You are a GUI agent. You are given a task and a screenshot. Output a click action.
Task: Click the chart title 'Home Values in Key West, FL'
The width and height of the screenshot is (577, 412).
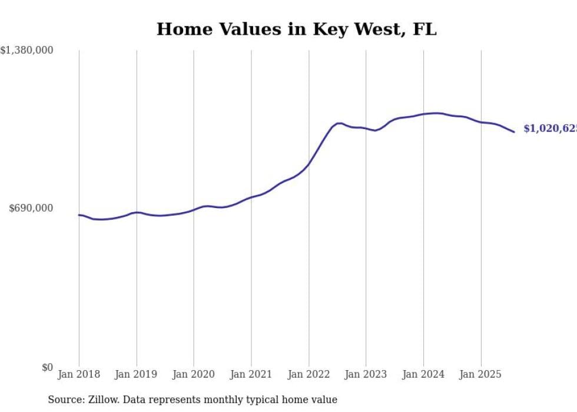tap(296, 29)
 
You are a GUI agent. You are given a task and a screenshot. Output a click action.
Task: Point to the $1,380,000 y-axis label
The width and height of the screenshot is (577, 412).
tap(26, 51)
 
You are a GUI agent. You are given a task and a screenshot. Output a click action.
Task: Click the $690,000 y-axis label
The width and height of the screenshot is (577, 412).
tap(31, 208)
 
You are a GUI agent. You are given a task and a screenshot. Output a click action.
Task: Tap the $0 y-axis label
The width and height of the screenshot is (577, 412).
tap(47, 367)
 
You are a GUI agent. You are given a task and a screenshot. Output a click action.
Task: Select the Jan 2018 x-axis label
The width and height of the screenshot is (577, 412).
tap(79, 374)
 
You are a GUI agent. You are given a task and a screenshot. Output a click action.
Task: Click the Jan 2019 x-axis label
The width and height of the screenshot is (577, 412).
tap(137, 374)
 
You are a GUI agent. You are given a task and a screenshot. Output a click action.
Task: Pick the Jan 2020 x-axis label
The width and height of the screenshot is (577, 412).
tap(194, 374)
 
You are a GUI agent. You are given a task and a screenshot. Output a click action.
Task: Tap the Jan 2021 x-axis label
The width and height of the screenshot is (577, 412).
tap(251, 374)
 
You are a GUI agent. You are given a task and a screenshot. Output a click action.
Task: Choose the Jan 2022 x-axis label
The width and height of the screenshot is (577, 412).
tap(309, 374)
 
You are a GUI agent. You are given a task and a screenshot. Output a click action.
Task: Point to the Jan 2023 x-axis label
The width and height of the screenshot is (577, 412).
tap(366, 374)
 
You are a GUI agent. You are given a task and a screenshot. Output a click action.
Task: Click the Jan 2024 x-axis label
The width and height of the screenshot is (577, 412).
tap(423, 374)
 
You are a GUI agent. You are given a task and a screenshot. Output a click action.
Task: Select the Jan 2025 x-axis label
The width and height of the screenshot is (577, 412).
tap(480, 374)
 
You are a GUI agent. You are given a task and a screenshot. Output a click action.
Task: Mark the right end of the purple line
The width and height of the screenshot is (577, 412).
tap(514, 131)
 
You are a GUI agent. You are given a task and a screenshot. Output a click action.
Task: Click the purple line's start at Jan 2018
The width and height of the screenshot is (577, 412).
tap(79, 215)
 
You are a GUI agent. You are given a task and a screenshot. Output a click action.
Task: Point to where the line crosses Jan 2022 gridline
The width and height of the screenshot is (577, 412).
tap(309, 164)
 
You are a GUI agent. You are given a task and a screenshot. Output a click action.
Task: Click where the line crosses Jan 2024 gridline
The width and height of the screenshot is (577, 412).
tap(423, 114)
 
